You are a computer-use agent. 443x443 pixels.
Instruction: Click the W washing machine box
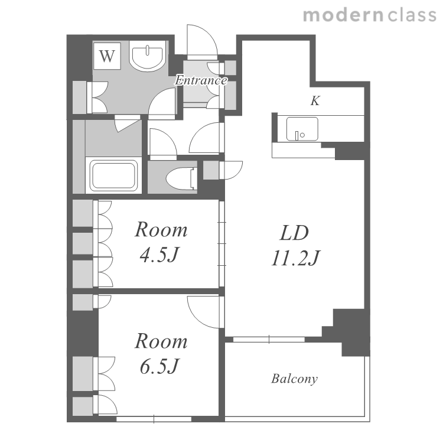point(107,56)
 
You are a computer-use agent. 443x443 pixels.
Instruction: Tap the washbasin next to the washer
point(147,57)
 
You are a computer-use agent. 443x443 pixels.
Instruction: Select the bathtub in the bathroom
point(113,175)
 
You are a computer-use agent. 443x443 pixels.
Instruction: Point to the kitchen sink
point(302,129)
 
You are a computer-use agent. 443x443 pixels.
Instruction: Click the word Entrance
point(201,80)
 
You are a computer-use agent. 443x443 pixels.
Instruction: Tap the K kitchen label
point(315,100)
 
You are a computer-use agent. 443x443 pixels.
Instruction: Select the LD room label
point(294,233)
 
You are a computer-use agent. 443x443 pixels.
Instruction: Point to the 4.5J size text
point(160,255)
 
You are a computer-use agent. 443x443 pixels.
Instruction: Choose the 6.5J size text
point(160,366)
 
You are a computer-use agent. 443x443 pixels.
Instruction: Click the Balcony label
point(294,379)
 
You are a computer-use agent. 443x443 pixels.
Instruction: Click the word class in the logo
point(412,15)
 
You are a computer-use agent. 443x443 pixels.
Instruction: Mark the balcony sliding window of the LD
point(269,339)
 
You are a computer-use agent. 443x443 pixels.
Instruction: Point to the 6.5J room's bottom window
point(154,419)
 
